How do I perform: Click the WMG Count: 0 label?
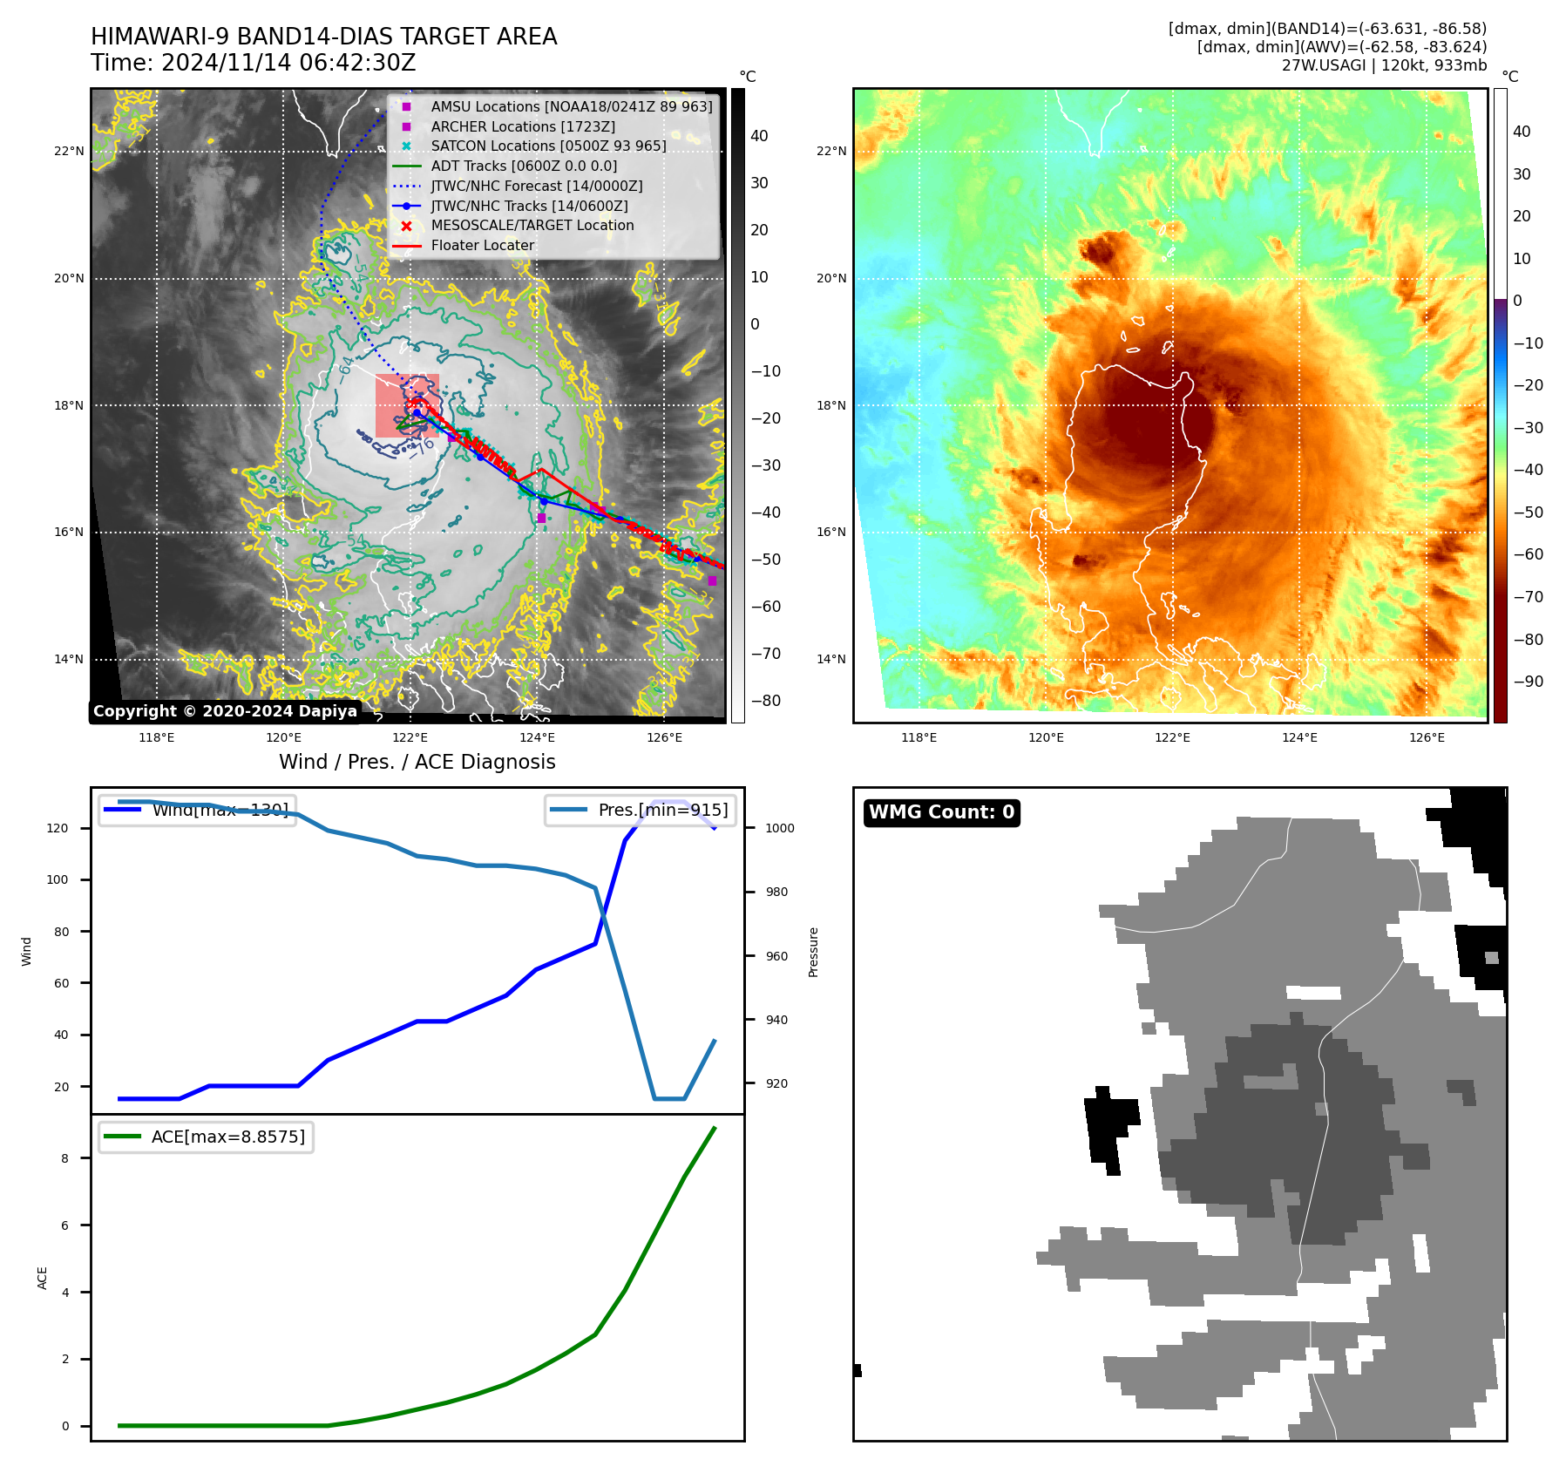coord(941,812)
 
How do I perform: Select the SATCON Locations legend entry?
coord(548,146)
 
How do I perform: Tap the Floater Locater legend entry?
coord(482,245)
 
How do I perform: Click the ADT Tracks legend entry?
coord(524,166)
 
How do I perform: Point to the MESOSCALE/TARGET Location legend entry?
coord(532,225)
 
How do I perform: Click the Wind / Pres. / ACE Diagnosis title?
coord(417,762)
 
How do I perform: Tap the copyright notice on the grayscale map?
coord(225,711)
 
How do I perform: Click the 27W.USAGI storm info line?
coord(1384,65)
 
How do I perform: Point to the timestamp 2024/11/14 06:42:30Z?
coord(288,64)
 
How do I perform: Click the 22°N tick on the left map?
coord(70,152)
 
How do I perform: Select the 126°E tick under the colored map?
coord(1427,738)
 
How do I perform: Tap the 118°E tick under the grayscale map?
coord(157,738)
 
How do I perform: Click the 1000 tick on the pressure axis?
coord(779,828)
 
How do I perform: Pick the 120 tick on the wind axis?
coord(58,828)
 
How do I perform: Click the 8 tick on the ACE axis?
coord(64,1158)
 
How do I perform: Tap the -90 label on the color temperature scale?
coord(1528,682)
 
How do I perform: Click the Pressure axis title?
coord(813,952)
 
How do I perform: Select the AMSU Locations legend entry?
coord(571,106)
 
